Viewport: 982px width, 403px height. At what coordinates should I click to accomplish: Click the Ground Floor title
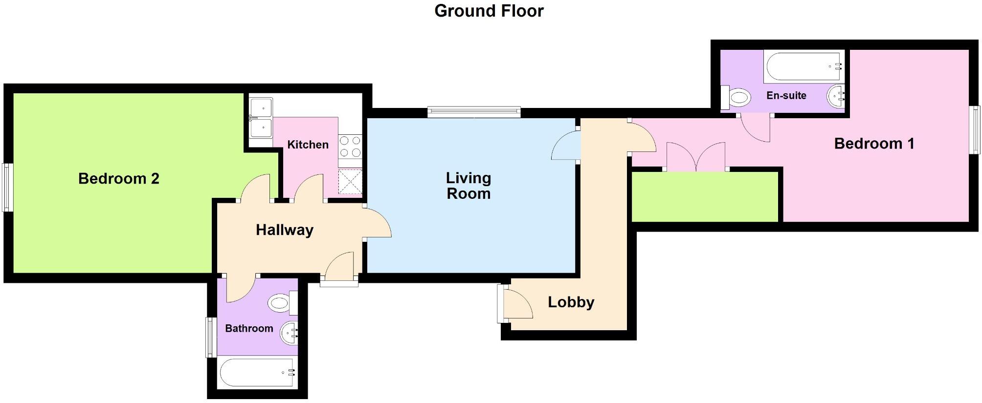coord(489,11)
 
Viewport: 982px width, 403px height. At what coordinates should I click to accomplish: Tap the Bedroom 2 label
coord(119,179)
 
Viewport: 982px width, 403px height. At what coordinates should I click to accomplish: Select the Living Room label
coord(468,186)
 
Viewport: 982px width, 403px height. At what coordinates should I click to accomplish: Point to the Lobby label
coord(571,302)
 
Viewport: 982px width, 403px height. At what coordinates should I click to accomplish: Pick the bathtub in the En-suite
coord(803,67)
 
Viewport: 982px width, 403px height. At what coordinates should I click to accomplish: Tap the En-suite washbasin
coord(836,95)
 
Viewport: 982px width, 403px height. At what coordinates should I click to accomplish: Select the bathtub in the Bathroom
coord(257,373)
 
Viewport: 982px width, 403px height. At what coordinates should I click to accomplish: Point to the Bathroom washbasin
coord(289,333)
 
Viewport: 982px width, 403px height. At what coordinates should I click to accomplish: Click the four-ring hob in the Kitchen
coord(350,147)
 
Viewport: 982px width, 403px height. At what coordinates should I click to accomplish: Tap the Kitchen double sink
coord(261,118)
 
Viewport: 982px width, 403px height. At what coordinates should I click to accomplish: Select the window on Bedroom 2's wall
coord(7,187)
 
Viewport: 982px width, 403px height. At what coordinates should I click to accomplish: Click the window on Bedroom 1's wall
coord(975,130)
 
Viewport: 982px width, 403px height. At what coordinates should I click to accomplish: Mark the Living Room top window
coord(473,112)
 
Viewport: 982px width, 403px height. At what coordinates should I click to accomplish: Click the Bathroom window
coord(211,337)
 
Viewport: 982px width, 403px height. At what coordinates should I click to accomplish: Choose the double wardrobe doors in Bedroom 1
coord(696,157)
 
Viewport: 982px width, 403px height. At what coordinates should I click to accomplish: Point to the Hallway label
coord(284,230)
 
